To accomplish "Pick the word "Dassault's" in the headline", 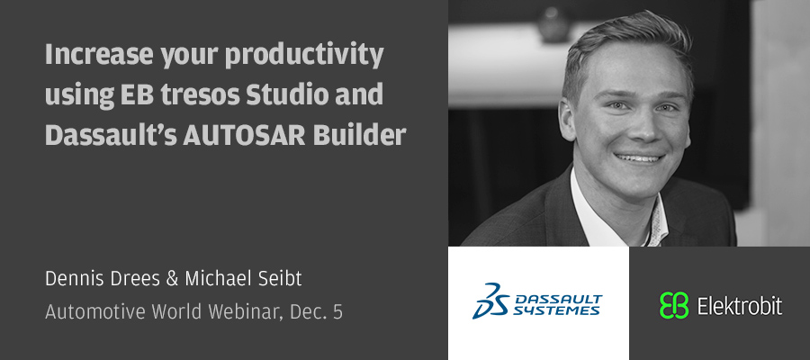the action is [111, 135].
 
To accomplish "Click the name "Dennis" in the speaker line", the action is [74, 279].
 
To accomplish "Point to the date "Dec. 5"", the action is [316, 312].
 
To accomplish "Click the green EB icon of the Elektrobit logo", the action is [674, 305].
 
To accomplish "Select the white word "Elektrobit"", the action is [740, 306].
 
